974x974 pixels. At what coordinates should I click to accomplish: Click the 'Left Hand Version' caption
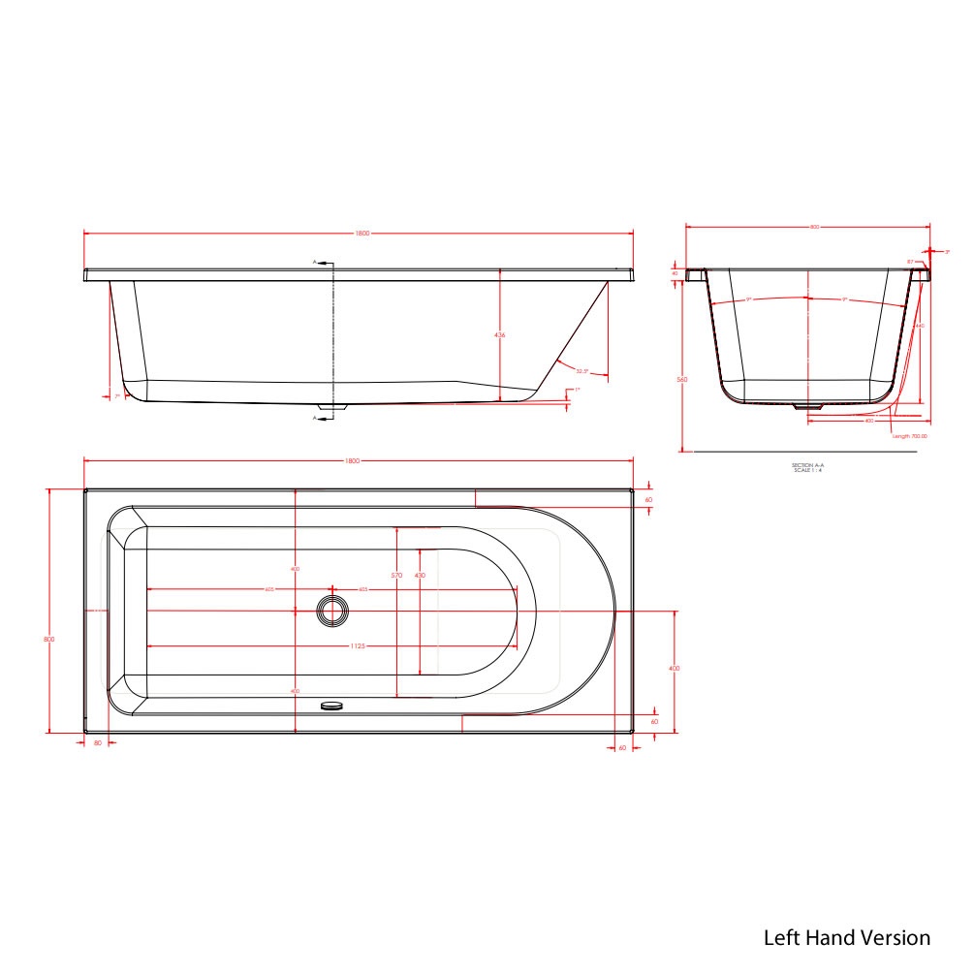coord(846,937)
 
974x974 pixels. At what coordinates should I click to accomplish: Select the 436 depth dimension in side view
coord(500,334)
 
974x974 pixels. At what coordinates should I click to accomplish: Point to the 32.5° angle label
coord(581,371)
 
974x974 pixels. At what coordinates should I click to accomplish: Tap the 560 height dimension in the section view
coord(682,380)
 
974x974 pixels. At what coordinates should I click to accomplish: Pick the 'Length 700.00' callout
coord(909,436)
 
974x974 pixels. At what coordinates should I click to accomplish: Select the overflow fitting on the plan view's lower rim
coord(332,706)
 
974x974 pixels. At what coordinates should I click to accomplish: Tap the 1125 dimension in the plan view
coord(332,647)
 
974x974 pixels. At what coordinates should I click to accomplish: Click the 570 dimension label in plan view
coord(396,576)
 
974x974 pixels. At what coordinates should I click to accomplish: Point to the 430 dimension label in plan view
coord(420,576)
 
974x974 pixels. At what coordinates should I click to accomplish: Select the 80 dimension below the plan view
coord(97,742)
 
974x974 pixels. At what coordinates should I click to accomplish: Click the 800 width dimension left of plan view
coord(48,640)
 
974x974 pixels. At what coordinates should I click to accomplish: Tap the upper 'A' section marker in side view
coord(315,263)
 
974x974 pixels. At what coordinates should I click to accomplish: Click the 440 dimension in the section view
coord(920,327)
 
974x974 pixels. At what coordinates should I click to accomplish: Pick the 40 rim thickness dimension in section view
coord(675,274)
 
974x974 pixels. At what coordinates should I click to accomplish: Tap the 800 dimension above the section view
coord(814,227)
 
